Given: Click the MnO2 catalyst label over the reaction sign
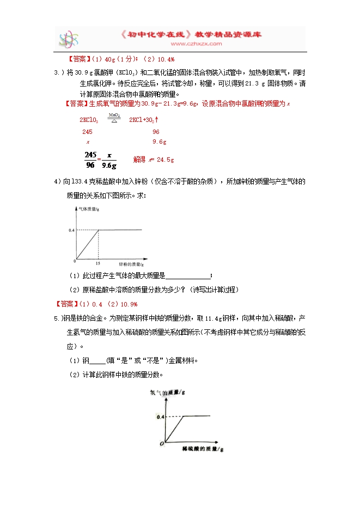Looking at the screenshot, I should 113,115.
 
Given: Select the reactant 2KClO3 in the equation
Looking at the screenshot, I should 89,120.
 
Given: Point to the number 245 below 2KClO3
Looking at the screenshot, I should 87,132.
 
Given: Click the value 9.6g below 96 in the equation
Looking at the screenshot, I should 159,142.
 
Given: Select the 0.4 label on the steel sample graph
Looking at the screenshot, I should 161,416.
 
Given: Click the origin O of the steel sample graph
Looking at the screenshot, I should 161,444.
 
